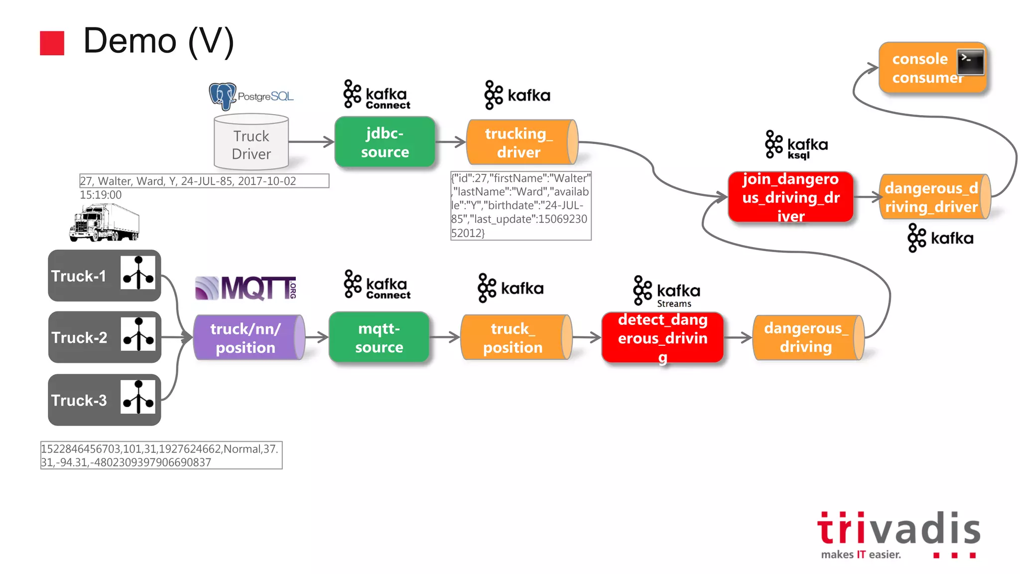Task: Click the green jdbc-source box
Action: click(384, 142)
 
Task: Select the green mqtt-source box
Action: click(379, 337)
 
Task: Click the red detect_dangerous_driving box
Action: click(662, 337)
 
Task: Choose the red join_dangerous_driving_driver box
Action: click(790, 197)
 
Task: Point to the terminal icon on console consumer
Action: click(970, 62)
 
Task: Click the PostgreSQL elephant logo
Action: click(222, 96)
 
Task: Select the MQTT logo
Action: click(246, 288)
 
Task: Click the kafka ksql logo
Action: click(796, 145)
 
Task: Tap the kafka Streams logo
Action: click(666, 291)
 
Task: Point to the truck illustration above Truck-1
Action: click(104, 223)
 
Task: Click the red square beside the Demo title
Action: click(52, 43)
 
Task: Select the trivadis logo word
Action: click(898, 528)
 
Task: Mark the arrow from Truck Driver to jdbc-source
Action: click(311, 142)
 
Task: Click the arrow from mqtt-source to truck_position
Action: click(444, 337)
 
